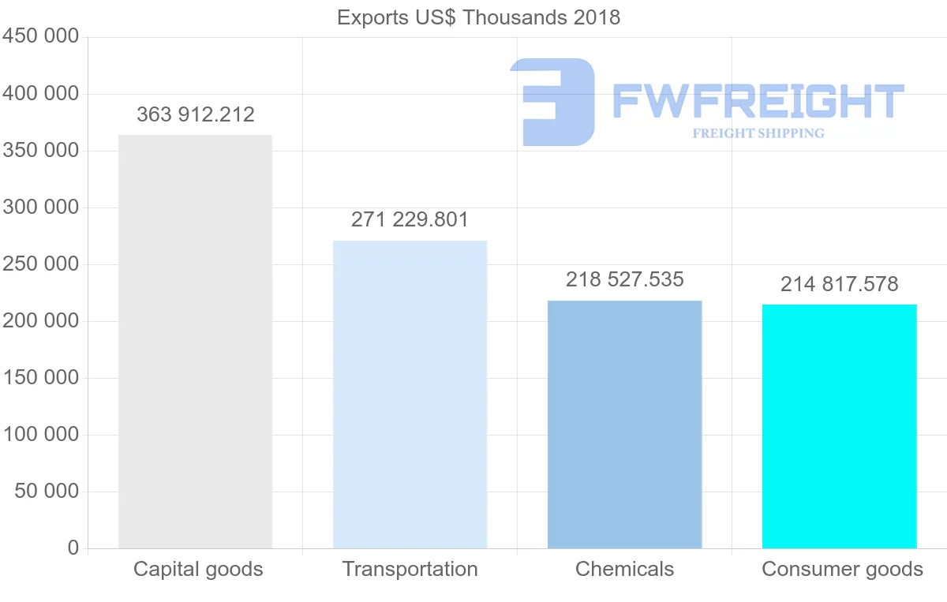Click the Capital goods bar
click(x=195, y=342)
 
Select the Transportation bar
click(x=410, y=394)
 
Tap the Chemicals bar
click(x=624, y=424)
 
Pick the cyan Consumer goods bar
click(x=839, y=426)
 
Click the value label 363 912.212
click(x=196, y=115)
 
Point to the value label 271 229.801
click(x=410, y=220)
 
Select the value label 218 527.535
click(x=624, y=279)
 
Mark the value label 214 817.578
click(x=839, y=284)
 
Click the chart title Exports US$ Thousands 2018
click(x=478, y=17)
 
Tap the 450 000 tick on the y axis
click(x=40, y=37)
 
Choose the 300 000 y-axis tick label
click(x=40, y=208)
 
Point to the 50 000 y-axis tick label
click(x=47, y=492)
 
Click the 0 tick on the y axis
click(x=73, y=548)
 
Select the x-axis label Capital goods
click(x=198, y=569)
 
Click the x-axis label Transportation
click(x=410, y=569)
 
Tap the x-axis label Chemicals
click(x=624, y=569)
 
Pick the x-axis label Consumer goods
click(x=842, y=569)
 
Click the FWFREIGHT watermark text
click(x=758, y=102)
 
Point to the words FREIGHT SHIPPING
click(x=758, y=133)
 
